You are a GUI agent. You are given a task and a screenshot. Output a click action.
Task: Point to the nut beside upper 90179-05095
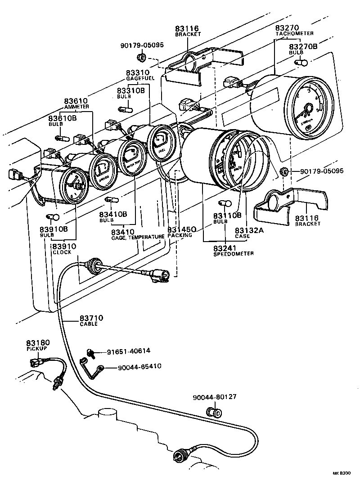141,58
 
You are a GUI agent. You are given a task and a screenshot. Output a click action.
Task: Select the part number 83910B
53,229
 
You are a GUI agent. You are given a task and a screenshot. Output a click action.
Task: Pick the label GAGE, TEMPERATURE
138,237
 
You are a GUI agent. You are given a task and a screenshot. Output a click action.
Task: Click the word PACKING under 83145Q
180,235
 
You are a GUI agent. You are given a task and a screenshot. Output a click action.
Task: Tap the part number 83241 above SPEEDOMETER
225,247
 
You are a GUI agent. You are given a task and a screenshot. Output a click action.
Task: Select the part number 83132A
247,229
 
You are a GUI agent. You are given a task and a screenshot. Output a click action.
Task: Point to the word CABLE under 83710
89,324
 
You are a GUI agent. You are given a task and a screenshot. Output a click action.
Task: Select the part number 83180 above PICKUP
37,343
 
